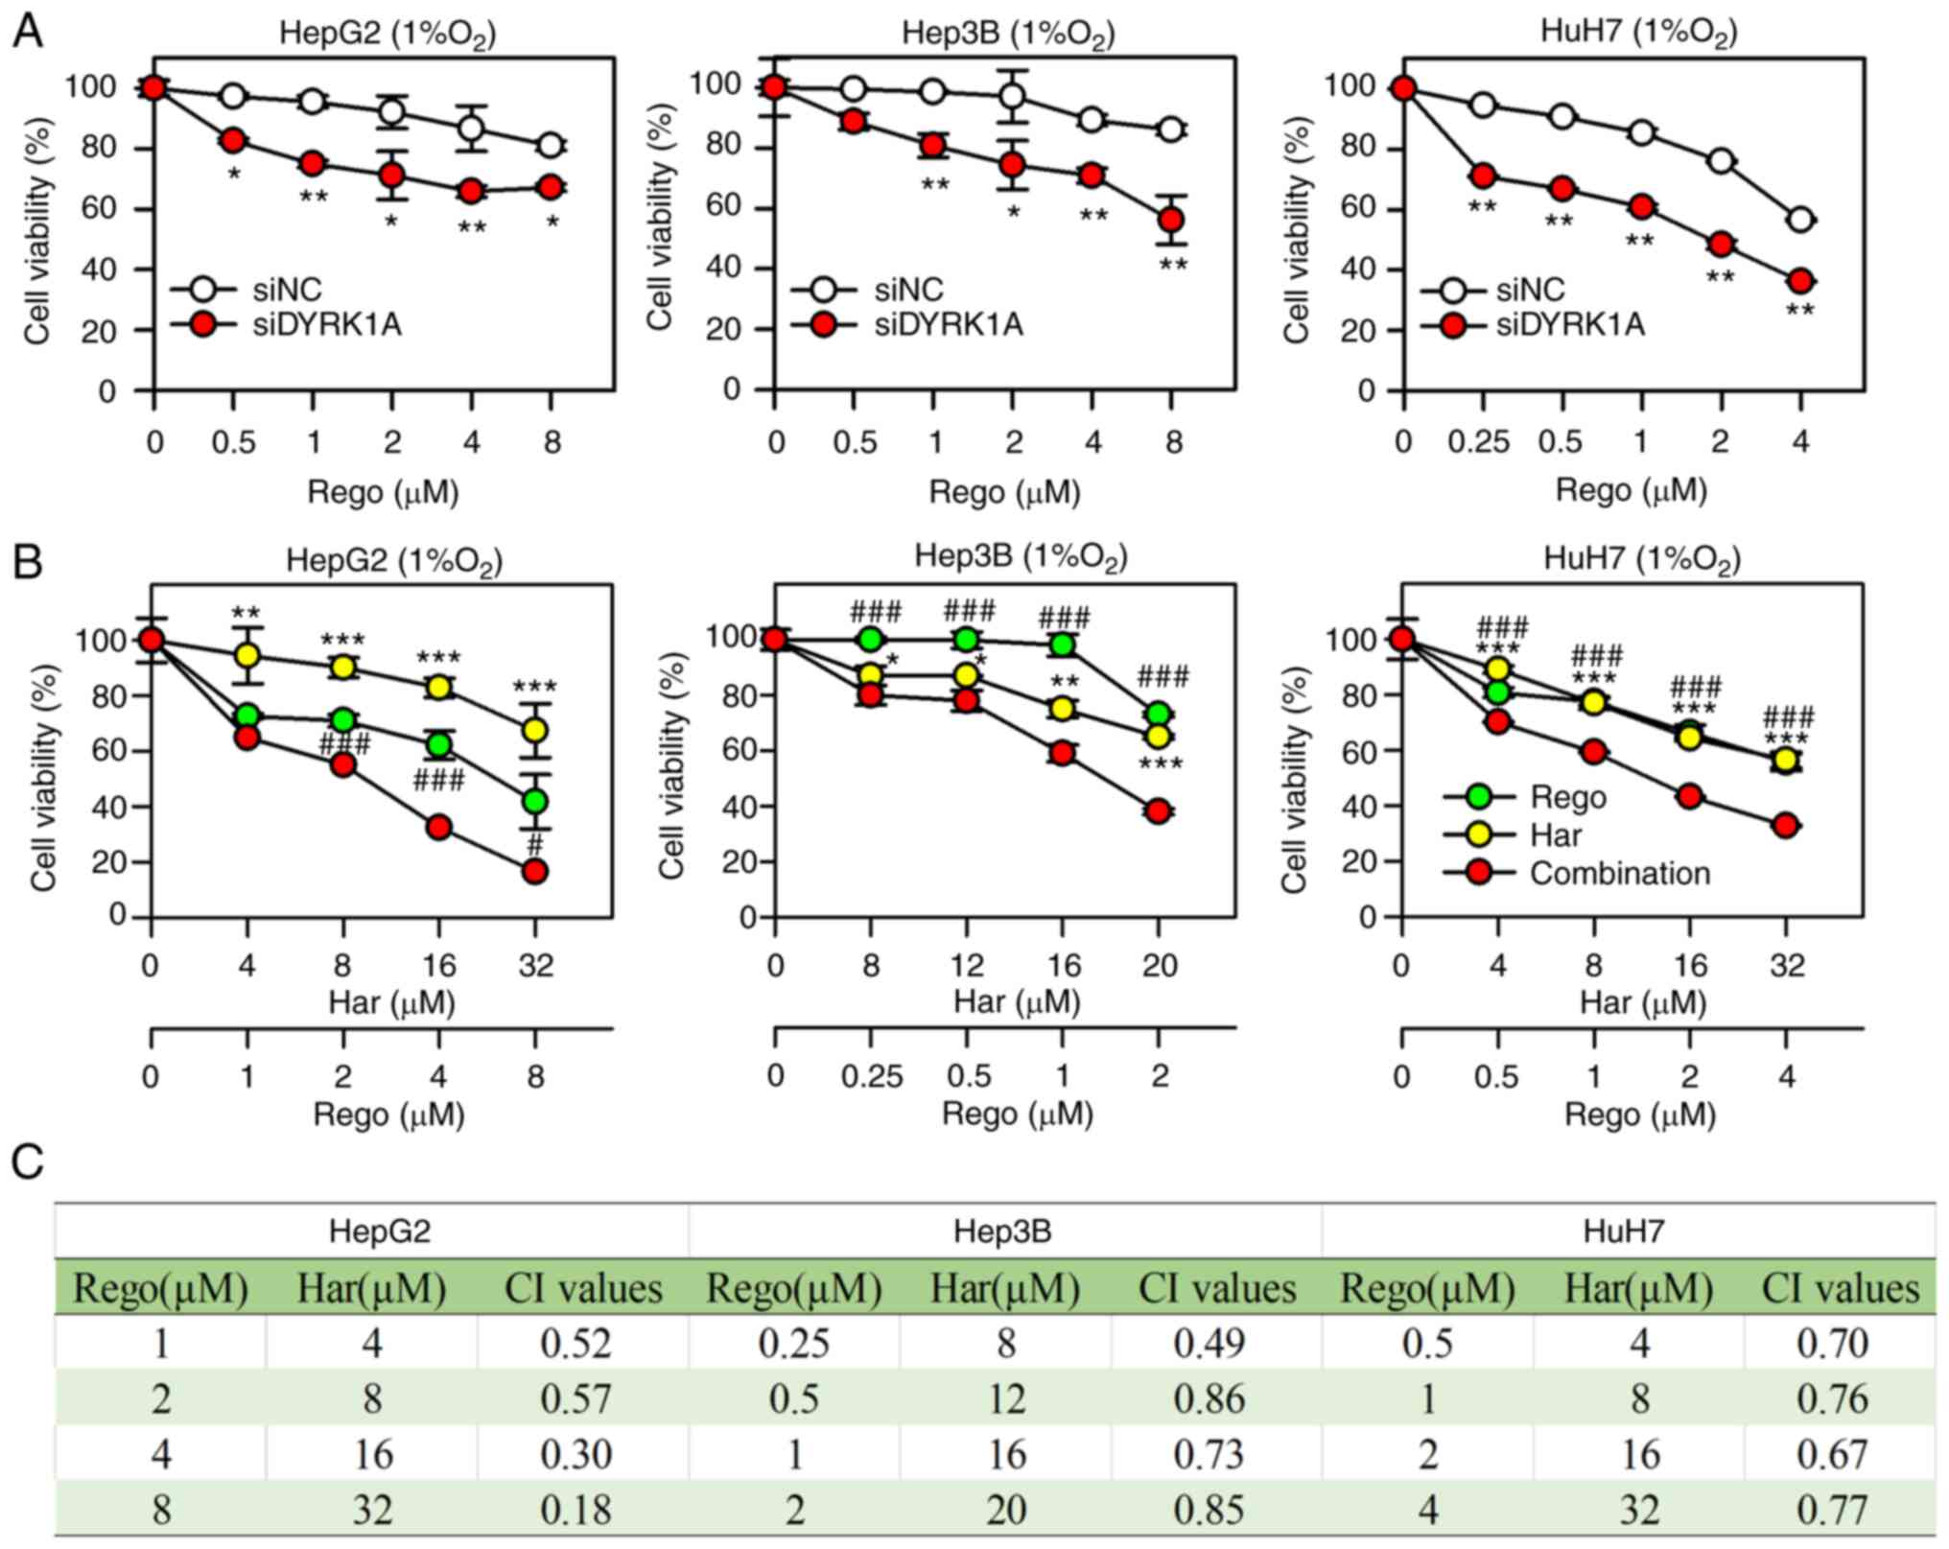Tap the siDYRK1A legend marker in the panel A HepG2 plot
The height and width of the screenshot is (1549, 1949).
pos(203,325)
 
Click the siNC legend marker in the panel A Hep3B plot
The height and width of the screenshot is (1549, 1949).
pos(823,290)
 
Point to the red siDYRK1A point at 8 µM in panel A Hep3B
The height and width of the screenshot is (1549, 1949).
pos(1171,220)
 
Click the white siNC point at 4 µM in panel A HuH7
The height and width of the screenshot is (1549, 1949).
pos(1800,220)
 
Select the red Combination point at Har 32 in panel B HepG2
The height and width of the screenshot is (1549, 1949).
pos(535,871)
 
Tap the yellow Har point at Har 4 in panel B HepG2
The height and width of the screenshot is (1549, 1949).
pos(247,656)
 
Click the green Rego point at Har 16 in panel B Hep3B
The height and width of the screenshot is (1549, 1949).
pos(1062,645)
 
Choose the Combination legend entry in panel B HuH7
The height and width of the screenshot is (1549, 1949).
pos(1619,874)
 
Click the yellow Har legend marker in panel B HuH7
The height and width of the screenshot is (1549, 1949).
pos(1480,834)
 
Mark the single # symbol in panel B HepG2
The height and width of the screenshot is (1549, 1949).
pos(535,845)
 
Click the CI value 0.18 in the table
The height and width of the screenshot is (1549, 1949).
pos(575,1510)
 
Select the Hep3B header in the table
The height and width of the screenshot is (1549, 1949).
pos(1002,1231)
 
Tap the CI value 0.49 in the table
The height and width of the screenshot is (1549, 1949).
pos(1209,1343)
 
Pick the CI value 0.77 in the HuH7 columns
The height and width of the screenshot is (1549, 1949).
pos(1832,1510)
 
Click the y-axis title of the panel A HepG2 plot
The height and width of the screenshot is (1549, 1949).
pos(37,230)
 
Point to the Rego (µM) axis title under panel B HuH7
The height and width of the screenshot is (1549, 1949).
pos(1639,1115)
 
